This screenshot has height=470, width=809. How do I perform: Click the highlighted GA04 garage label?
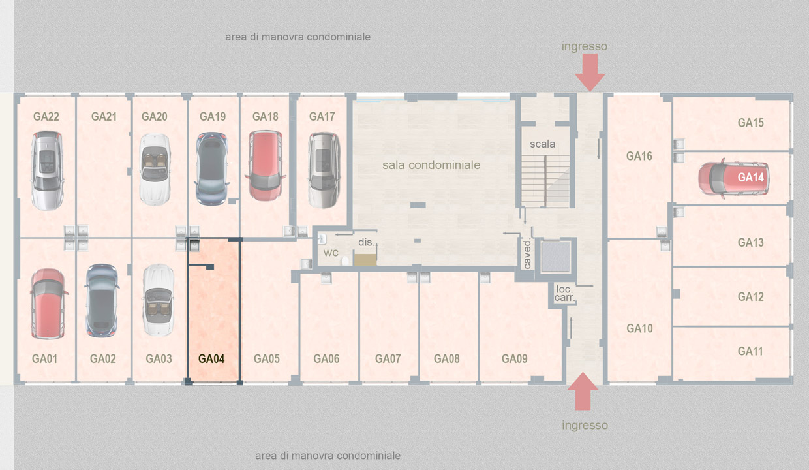coord(211,359)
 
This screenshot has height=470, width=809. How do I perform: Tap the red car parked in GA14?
coord(733,178)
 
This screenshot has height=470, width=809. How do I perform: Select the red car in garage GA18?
coord(265,166)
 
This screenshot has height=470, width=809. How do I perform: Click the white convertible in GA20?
coord(155,170)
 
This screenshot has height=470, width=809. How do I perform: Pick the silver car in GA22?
coord(48,170)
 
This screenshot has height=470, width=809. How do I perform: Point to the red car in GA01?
coord(48,304)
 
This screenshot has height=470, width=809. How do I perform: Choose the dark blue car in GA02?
coord(102,300)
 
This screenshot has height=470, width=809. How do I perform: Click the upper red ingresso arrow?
coord(590,72)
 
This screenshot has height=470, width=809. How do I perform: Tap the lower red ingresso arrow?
coord(583,391)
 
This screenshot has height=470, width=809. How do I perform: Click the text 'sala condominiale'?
coord(431,165)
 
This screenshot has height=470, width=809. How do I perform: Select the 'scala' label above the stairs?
coord(542,144)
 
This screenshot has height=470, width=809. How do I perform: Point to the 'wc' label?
coord(331,253)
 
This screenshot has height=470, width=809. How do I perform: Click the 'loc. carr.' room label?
coord(564,293)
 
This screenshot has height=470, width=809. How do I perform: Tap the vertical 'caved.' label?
coord(527,254)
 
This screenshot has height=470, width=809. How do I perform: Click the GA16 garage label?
coord(639,156)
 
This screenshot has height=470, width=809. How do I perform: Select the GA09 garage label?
coord(514,359)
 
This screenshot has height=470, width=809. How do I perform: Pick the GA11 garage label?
coord(750,351)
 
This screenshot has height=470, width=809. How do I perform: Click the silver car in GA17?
coord(324,170)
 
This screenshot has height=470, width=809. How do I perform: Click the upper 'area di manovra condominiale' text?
coord(298,37)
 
